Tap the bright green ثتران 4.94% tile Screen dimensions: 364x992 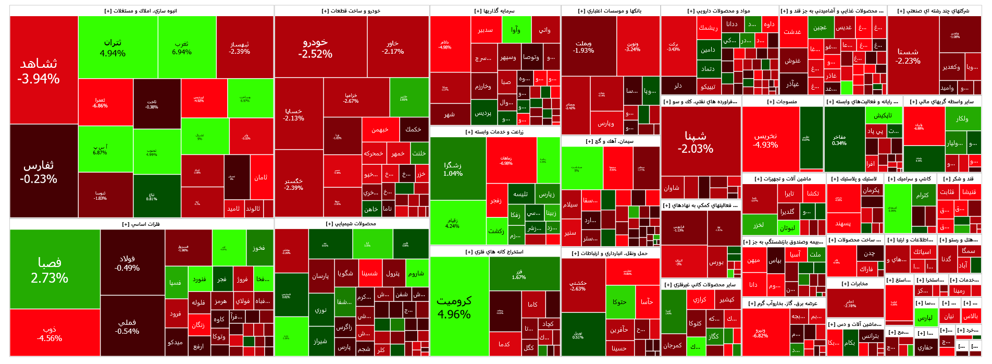tap(113, 47)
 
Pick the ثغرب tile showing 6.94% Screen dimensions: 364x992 tap(182, 47)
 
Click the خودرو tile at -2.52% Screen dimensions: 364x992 tap(315, 47)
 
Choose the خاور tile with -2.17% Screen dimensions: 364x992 tap(392, 47)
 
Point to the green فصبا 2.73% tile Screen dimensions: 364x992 tap(49, 269)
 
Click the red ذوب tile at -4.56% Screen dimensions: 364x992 tap(49, 334)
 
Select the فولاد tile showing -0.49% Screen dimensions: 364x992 tap(127, 263)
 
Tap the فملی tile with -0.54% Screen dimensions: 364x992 tap(127, 326)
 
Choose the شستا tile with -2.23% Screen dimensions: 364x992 tap(908, 56)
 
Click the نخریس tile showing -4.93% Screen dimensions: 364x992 tap(765, 140)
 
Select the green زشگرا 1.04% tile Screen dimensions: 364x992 tap(453, 168)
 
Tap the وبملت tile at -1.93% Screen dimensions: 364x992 tap(584, 47)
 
